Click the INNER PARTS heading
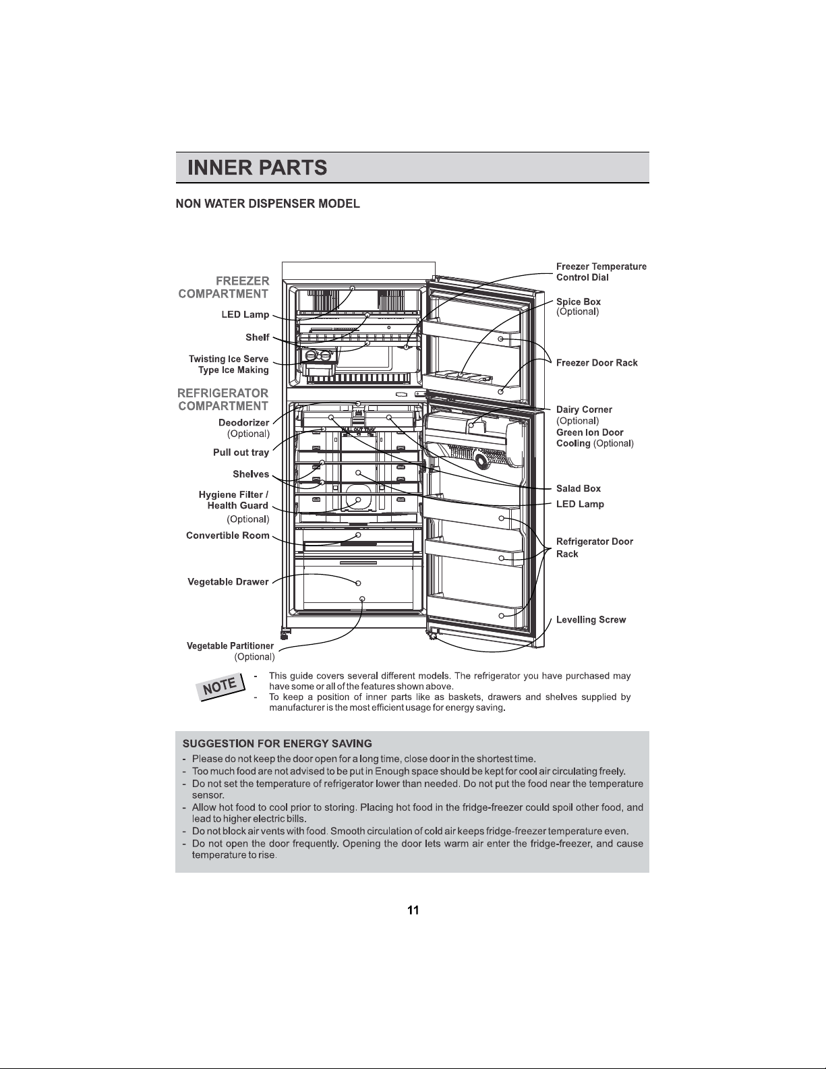(257, 168)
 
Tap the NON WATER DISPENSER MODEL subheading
(268, 204)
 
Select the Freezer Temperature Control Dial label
(601, 272)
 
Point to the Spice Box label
(579, 301)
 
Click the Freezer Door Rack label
(597, 363)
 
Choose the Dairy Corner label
(584, 409)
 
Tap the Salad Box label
(579, 488)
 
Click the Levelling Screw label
(591, 620)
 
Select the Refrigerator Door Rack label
(595, 548)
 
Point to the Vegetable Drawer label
(228, 582)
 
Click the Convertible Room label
(228, 536)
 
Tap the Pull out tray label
(241, 453)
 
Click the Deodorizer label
(244, 423)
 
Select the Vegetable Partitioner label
(230, 646)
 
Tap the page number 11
(413, 910)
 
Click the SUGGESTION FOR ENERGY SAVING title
(277, 743)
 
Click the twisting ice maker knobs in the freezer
(318, 356)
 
